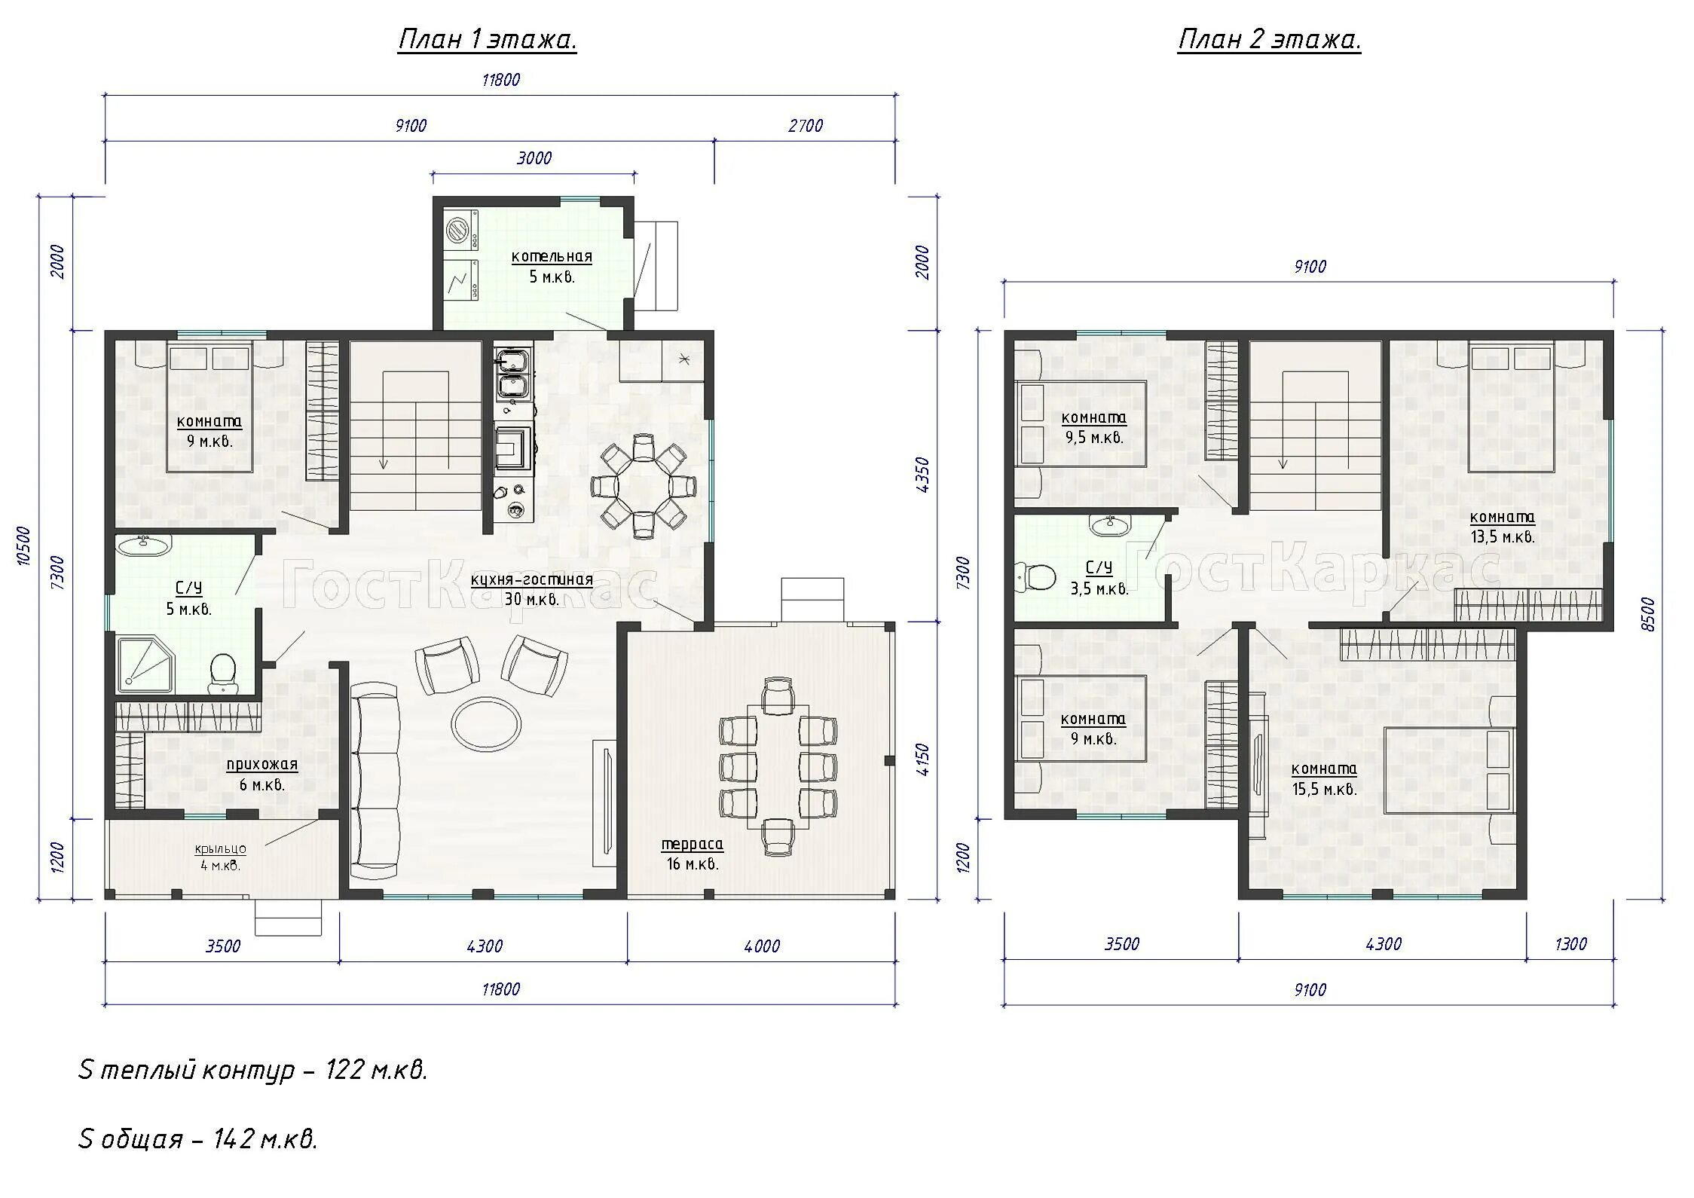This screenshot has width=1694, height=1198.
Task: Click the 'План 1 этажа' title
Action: click(x=488, y=39)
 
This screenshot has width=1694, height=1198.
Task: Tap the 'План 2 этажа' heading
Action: click(x=1270, y=39)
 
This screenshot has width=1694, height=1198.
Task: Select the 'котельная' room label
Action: click(x=552, y=256)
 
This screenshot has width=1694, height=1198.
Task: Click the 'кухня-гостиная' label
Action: click(x=532, y=580)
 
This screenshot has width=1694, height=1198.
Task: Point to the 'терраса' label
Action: click(x=693, y=844)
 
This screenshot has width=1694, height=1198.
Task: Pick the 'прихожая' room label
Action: click(x=262, y=765)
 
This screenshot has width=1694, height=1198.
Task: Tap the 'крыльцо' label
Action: click(x=220, y=849)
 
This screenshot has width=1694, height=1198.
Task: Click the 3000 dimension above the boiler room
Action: click(x=534, y=158)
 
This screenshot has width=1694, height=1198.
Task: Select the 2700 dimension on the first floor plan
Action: click(x=806, y=126)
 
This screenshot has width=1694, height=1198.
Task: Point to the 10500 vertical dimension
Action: click(x=23, y=546)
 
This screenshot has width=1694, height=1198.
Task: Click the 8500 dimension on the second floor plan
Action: click(x=1648, y=614)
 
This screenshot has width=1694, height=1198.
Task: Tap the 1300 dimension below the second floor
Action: click(x=1570, y=944)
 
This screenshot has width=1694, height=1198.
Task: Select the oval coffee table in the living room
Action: click(x=486, y=723)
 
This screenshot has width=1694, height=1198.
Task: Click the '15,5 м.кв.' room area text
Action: click(x=1324, y=790)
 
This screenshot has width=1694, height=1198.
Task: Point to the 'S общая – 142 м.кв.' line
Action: click(x=198, y=1138)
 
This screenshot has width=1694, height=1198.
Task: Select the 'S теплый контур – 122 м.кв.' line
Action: click(x=253, y=1069)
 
